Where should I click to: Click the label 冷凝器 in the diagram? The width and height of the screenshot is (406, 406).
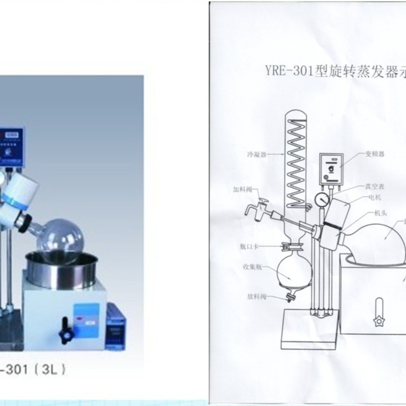pyautogui.click(x=257, y=156)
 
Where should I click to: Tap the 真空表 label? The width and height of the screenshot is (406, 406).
pyautogui.click(x=374, y=186)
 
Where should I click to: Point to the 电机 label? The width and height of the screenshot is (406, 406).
pyautogui.click(x=375, y=197)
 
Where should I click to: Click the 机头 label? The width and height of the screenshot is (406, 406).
pyautogui.click(x=375, y=213)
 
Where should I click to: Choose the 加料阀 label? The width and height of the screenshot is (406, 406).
pyautogui.click(x=241, y=189)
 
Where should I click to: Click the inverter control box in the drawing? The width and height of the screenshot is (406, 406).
pyautogui.click(x=332, y=169)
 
